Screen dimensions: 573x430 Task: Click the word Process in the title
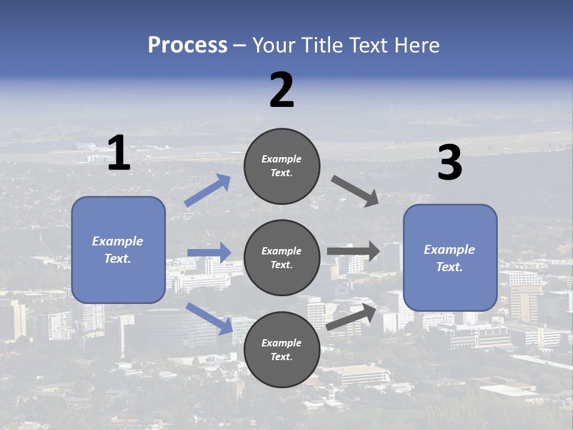[188, 45]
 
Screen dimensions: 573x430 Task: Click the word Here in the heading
[417, 45]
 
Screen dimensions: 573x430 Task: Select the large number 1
[119, 152]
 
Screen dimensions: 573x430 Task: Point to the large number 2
[282, 90]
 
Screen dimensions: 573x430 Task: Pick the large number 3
[450, 162]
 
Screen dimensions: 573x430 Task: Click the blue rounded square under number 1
[118, 250]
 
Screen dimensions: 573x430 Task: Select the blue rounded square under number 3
[450, 258]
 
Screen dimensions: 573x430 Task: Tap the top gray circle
[282, 166]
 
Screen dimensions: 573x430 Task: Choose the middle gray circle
[282, 258]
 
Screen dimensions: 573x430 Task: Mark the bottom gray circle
[282, 349]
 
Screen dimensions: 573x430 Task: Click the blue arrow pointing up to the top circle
[208, 190]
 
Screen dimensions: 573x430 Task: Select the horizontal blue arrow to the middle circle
[210, 252]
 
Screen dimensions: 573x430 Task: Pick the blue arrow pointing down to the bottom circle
[210, 318]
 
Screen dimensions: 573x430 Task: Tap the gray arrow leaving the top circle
[355, 191]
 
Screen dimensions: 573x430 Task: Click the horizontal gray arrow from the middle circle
[353, 251]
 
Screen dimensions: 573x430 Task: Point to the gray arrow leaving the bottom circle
[351, 317]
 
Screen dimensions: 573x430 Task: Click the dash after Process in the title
[240, 47]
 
